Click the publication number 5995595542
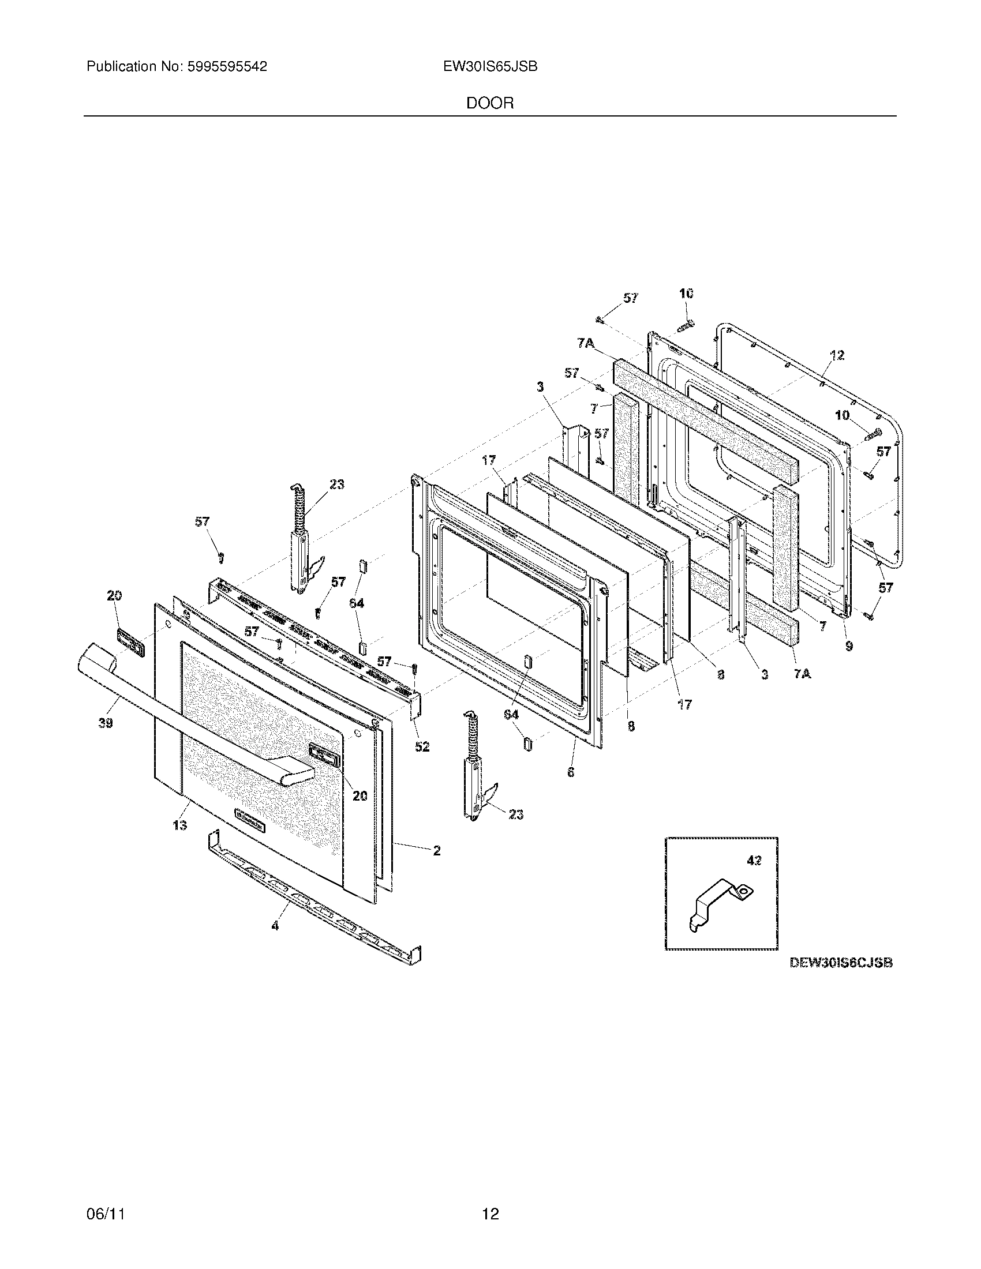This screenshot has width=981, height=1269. click(227, 67)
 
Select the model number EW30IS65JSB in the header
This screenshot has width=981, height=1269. click(490, 67)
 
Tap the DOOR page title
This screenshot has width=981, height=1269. click(490, 103)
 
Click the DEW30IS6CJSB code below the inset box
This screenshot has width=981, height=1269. click(840, 963)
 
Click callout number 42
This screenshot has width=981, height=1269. click(754, 861)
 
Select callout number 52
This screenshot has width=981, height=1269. click(422, 746)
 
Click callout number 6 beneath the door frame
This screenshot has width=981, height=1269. click(571, 772)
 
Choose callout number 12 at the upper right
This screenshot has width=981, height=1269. click(837, 355)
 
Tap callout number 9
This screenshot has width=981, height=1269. click(849, 645)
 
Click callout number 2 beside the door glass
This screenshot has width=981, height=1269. click(436, 851)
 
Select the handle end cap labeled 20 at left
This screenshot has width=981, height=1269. click(131, 639)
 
